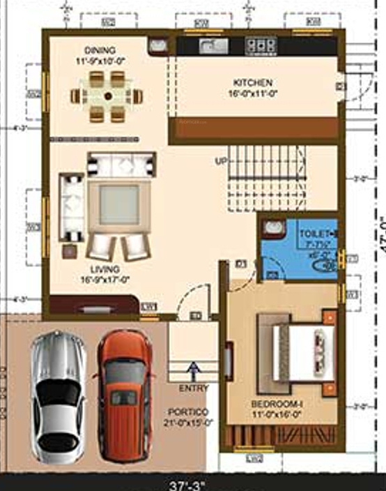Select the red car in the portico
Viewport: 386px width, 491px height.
124,394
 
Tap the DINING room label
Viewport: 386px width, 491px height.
100,50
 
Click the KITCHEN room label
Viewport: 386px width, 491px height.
252,83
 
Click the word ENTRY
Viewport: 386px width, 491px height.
193,388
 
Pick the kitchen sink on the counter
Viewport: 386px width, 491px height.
210,46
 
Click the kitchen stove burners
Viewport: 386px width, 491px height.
261,46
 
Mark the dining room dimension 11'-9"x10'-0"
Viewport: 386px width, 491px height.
100,61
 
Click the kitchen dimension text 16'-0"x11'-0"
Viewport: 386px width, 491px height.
252,93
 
